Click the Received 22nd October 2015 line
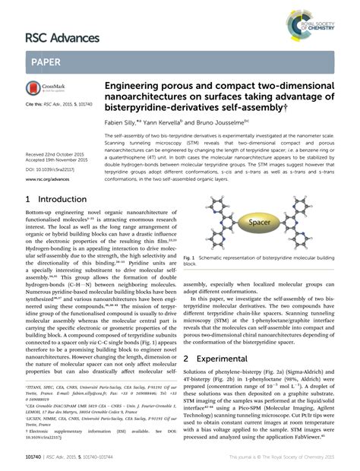[x=52, y=153]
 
